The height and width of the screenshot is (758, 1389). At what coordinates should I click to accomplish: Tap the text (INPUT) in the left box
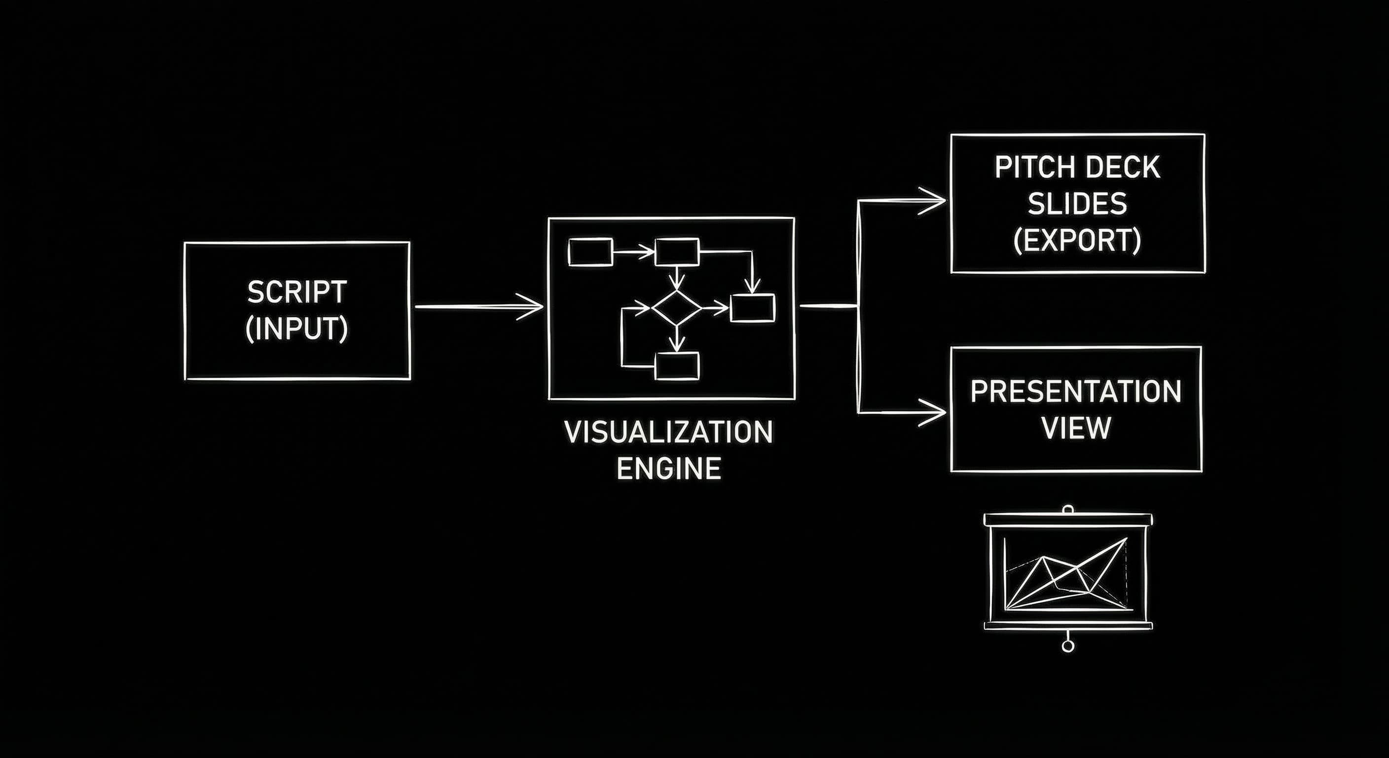pos(296,329)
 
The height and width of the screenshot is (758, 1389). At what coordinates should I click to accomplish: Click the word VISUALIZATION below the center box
pos(669,433)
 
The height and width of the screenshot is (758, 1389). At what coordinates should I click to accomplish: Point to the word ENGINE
pos(669,468)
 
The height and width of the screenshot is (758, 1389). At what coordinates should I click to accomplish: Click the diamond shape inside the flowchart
pos(677,307)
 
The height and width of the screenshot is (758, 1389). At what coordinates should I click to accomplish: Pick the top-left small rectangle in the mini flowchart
pos(590,252)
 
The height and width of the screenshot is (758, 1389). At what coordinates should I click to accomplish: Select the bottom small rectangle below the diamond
pos(677,366)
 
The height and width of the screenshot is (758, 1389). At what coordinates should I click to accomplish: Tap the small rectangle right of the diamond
pos(752,308)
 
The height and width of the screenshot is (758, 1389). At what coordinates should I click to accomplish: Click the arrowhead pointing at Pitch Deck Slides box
pos(936,201)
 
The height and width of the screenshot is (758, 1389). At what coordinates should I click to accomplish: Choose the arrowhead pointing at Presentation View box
pos(936,413)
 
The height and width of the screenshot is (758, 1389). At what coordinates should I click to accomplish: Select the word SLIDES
pos(1077,204)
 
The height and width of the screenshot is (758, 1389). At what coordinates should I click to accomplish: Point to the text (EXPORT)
pos(1077,241)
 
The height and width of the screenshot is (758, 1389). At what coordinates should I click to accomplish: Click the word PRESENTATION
pos(1076,392)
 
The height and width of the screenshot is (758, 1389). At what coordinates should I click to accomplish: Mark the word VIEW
pos(1076,428)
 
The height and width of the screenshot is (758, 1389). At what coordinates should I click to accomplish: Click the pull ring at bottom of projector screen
pos(1067,646)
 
